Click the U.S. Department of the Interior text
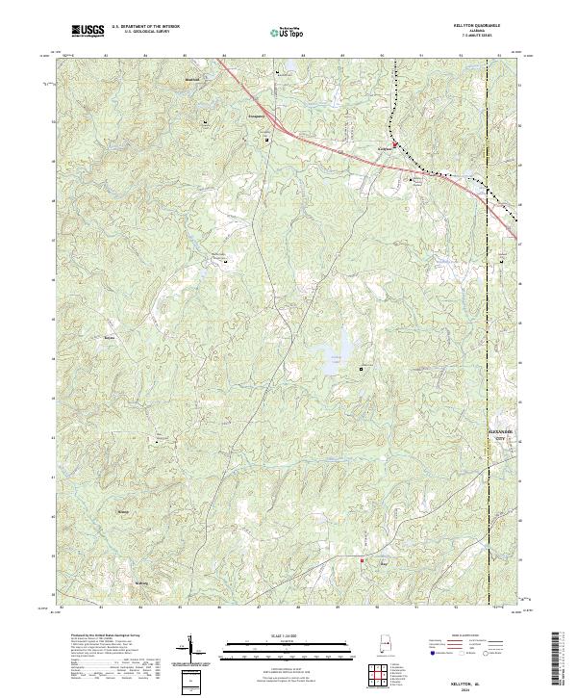coord(145,27)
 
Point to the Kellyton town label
coord(384,149)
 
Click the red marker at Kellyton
coord(394,146)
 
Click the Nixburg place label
coord(122,511)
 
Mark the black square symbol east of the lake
coord(362,368)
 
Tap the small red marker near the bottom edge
coord(362,560)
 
